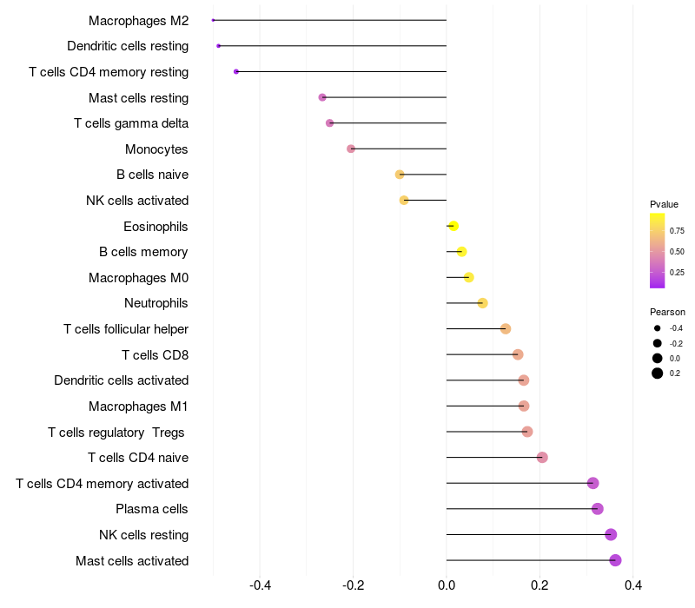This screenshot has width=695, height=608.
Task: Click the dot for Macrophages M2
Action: [x=213, y=20]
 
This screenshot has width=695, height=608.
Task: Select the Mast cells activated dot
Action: [x=615, y=560]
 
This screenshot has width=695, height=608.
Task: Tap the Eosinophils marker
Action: [x=453, y=226]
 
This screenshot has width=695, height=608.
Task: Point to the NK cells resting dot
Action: [x=611, y=535]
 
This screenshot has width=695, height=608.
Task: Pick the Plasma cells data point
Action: [x=597, y=509]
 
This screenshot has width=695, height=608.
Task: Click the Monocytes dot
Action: [x=351, y=149]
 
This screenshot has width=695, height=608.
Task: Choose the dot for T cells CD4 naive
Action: [x=542, y=458]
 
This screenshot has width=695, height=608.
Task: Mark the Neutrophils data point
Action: [x=482, y=303]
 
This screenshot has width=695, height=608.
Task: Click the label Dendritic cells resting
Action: [x=128, y=46]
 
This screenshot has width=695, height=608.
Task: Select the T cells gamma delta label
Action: [x=131, y=123]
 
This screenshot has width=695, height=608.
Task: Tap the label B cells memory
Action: [x=143, y=252]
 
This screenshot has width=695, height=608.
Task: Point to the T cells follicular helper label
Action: [x=126, y=329]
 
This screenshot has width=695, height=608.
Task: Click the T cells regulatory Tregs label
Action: [x=118, y=432]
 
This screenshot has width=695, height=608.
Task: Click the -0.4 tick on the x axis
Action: [x=260, y=585]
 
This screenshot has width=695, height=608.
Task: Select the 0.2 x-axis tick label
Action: [x=539, y=585]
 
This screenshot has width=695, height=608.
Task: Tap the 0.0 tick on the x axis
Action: [x=447, y=585]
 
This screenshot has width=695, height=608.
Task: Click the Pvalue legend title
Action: [x=664, y=204]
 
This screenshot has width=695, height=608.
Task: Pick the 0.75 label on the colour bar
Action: [x=677, y=231]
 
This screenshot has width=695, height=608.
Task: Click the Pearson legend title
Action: [x=667, y=312]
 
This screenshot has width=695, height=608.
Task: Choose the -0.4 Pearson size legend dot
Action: [x=658, y=328]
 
